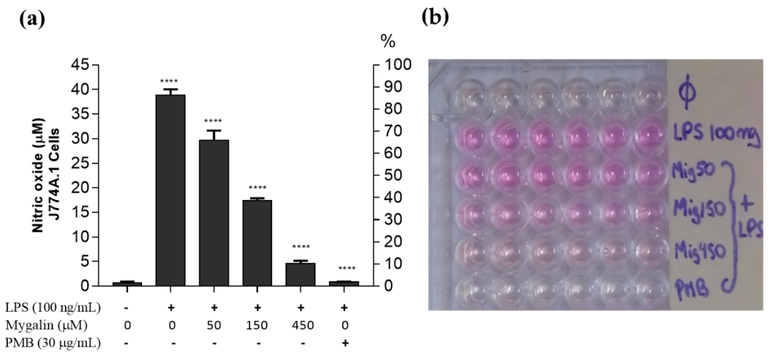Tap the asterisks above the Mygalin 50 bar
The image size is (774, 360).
pos(213,121)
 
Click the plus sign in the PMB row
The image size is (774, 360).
pos(345,343)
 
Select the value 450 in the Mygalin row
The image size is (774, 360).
pos(303,325)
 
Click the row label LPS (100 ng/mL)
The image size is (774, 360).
pos(53,307)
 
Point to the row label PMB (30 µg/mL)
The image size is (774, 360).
pos(53,343)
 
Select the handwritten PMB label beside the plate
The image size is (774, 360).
pos(692,288)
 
